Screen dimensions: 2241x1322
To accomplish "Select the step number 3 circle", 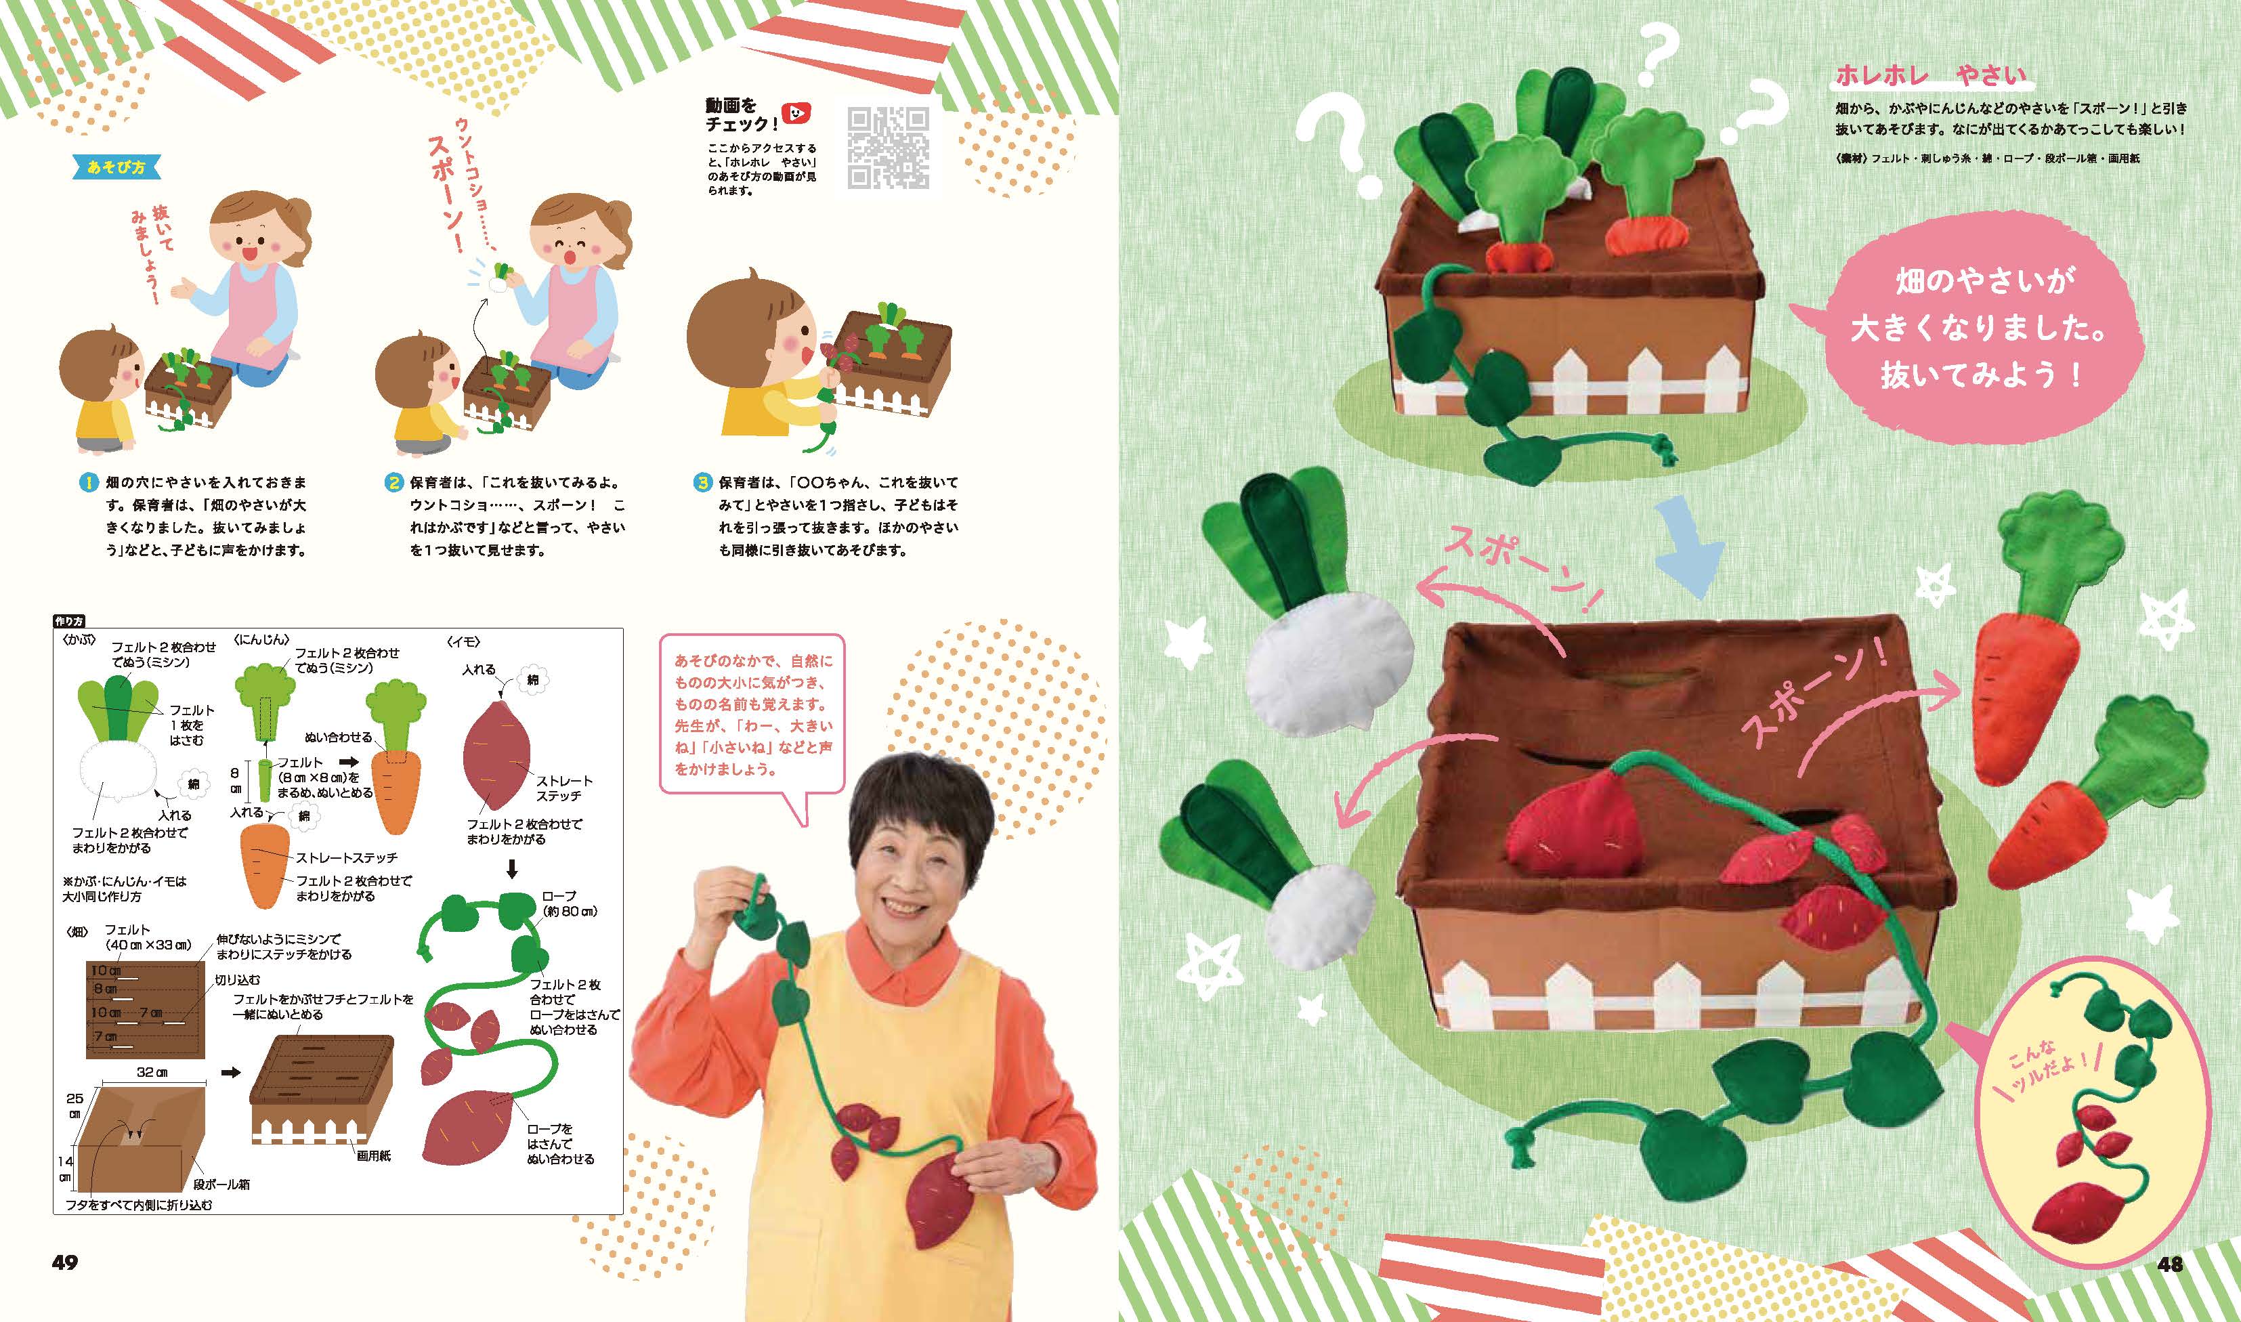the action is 704,483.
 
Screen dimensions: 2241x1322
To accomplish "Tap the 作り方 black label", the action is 68,621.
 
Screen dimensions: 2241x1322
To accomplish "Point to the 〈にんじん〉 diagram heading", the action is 262,639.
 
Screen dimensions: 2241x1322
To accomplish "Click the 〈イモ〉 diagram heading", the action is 463,639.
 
